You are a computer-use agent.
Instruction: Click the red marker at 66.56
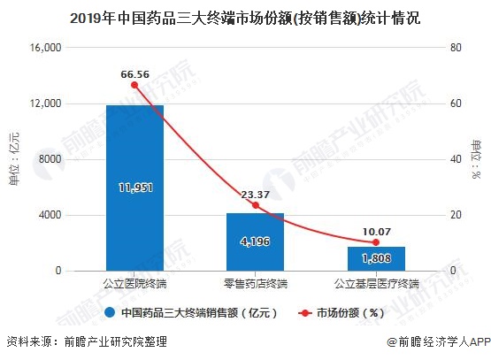tap(134, 85)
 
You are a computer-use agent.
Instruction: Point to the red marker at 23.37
tap(255, 205)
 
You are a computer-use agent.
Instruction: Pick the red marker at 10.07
tap(376, 242)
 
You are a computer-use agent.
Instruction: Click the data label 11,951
tap(134, 188)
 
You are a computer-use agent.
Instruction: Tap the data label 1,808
tap(376, 258)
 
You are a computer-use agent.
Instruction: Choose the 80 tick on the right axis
tap(455, 48)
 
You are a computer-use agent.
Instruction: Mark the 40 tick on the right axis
tap(455, 159)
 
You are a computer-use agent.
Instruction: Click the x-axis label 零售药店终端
tap(255, 284)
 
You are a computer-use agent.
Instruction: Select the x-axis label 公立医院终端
tap(134, 284)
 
